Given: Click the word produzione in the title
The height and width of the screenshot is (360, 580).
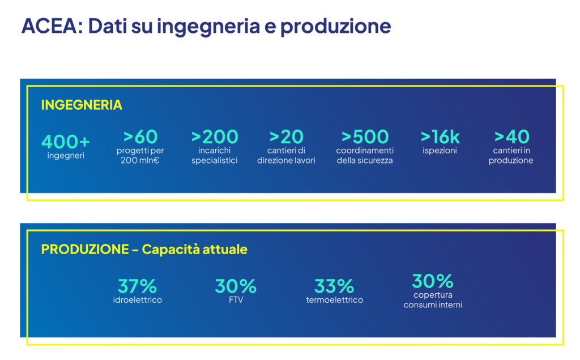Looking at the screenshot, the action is click(x=335, y=27).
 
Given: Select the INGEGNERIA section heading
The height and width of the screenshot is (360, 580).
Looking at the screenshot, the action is click(x=82, y=105).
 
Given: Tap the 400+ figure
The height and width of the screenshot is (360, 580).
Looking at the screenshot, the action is click(x=66, y=142).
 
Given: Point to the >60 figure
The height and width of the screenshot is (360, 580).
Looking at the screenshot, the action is click(x=140, y=137).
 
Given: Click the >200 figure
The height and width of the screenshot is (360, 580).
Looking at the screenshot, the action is click(x=215, y=137).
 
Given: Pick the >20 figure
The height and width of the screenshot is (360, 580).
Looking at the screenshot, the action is click(x=286, y=137).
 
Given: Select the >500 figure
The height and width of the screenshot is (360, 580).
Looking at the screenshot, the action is click(x=365, y=137).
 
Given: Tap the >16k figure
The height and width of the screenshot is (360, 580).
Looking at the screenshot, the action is click(x=440, y=137).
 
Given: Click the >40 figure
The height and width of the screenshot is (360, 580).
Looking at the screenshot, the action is click(x=511, y=137).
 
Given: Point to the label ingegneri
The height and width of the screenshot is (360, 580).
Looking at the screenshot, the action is click(x=66, y=156).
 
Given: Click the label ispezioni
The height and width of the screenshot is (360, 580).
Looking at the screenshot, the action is click(x=440, y=151).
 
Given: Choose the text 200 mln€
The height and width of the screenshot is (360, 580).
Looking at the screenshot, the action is click(x=140, y=160).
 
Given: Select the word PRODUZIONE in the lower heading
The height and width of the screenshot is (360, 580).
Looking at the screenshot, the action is click(x=85, y=250).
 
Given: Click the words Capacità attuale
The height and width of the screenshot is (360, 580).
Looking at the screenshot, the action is click(x=195, y=250).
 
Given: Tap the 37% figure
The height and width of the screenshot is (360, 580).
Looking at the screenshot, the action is click(x=137, y=286).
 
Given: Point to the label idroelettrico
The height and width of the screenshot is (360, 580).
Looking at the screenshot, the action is click(x=138, y=300).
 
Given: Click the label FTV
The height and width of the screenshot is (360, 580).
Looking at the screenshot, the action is click(x=236, y=300).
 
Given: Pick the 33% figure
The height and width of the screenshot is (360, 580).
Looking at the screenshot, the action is click(x=334, y=286).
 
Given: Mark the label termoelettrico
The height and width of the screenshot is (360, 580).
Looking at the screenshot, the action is click(x=334, y=300).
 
